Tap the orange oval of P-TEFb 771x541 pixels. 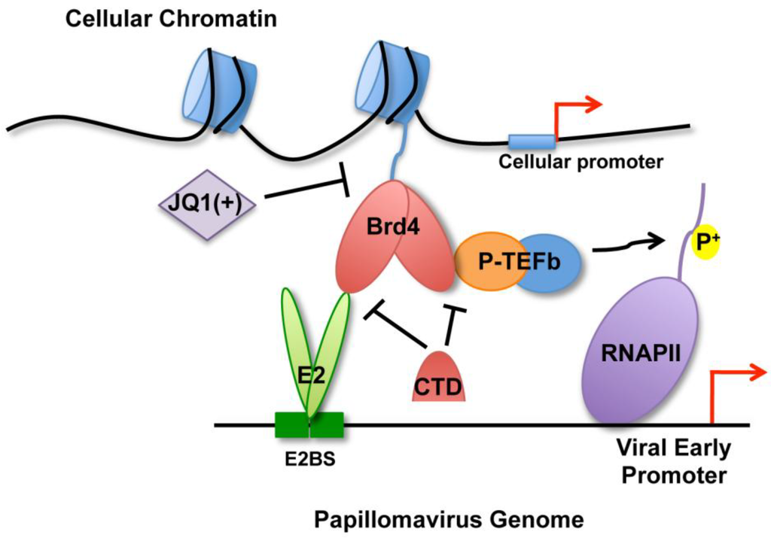point(487,260)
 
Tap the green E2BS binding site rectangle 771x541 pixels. point(309,425)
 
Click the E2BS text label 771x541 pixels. point(310,458)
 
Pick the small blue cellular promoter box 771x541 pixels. point(531,141)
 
